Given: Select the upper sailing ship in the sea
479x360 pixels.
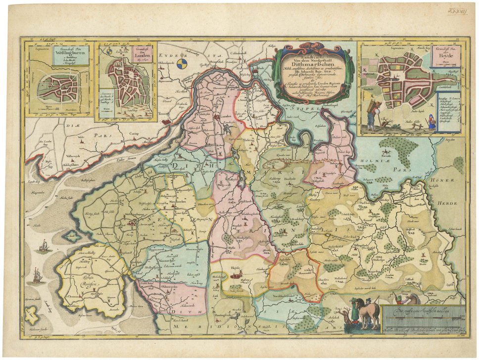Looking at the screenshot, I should [x=44, y=245].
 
